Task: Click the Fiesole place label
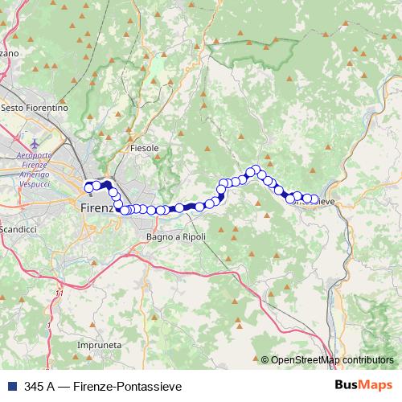pyautogui.click(x=145, y=149)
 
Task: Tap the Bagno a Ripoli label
pyautogui.click(x=177, y=237)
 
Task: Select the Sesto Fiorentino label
pyautogui.click(x=35, y=107)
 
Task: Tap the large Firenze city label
pyautogui.click(x=100, y=207)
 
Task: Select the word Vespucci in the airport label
pyautogui.click(x=35, y=184)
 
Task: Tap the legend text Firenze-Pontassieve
pyautogui.click(x=129, y=385)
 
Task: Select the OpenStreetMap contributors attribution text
pyautogui.click(x=331, y=360)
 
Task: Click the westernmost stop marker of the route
pyautogui.click(x=88, y=188)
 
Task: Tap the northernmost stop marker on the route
pyautogui.click(x=256, y=170)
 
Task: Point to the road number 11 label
pyautogui.click(x=59, y=293)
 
